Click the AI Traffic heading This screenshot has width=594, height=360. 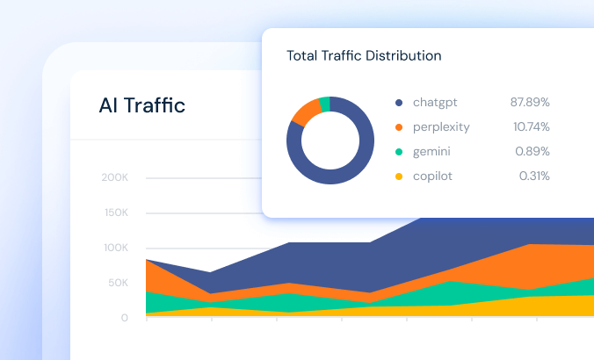pos(142,106)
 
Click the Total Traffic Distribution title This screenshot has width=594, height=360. pos(364,56)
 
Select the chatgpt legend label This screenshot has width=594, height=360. pos(436,103)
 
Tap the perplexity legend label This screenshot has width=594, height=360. pos(441,127)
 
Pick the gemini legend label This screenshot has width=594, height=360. pos(432,152)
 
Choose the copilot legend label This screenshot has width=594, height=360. pos(432,176)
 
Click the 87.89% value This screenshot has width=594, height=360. pos(530,103)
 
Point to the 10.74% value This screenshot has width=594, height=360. pos(532,127)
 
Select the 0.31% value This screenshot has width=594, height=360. pos(534,176)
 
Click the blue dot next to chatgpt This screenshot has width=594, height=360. pos(399,103)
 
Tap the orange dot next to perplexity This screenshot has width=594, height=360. pos(399,127)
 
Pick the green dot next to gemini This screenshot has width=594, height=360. pos(399,152)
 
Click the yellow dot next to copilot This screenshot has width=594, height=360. pos(399,176)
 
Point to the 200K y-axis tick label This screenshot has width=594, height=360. pos(115,177)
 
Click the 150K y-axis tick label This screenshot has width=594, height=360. pos(115,212)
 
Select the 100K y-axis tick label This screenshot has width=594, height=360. pos(115,248)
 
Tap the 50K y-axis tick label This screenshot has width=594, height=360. pos(117,283)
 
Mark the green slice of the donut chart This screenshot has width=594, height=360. pos(324,104)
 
